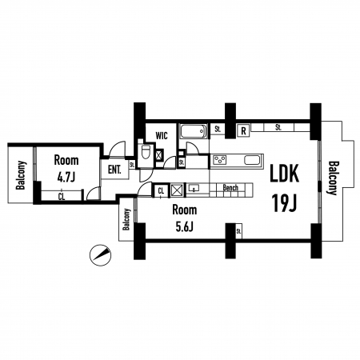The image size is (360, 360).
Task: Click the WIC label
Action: pyautogui.click(x=162, y=135)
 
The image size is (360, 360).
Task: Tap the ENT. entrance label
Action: pyautogui.click(x=114, y=170)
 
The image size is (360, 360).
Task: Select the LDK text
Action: pyautogui.click(x=284, y=174)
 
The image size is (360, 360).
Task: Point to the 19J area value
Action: pyautogui.click(x=284, y=202)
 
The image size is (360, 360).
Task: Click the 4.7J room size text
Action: pyautogui.click(x=66, y=177)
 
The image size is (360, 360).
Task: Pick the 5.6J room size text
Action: pyautogui.click(x=184, y=227)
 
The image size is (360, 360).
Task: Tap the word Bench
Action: pyautogui.click(x=230, y=188)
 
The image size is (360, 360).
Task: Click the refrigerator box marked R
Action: pyautogui.click(x=243, y=131)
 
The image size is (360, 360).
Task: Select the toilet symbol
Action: pyautogui.click(x=146, y=151)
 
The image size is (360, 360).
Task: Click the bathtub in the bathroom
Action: pyautogui.click(x=194, y=131)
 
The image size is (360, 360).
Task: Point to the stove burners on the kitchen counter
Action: pyautogui.click(x=219, y=160)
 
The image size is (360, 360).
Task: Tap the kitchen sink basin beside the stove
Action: pyautogui.click(x=252, y=160)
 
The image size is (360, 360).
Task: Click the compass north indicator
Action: pyautogui.click(x=100, y=255)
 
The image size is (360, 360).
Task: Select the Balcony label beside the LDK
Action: pyautogui.click(x=333, y=178)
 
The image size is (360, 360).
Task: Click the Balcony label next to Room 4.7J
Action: pyautogui.click(x=21, y=175)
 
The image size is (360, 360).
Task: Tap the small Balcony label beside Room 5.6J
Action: pyautogui.click(x=126, y=219)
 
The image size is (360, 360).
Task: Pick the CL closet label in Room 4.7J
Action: pyautogui.click(x=62, y=197)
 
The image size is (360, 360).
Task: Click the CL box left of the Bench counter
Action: pyautogui.click(x=161, y=190)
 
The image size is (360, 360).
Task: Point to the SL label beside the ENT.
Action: pyautogui.click(x=132, y=165)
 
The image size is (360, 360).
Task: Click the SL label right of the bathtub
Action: pyautogui.click(x=218, y=130)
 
